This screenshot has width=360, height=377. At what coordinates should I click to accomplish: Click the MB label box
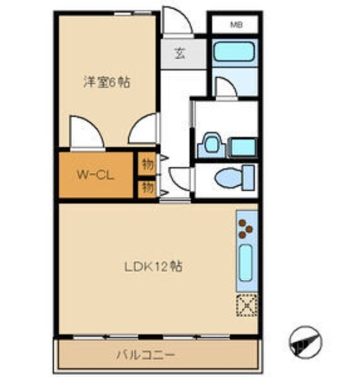pos(235,25)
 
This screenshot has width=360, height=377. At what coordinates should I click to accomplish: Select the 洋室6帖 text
pos(107,82)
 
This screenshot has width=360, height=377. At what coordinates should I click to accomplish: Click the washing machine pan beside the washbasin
pos(241,147)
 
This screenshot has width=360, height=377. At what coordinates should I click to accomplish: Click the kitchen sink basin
pos(246,263)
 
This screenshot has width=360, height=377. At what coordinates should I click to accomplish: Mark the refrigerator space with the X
pos(247,304)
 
